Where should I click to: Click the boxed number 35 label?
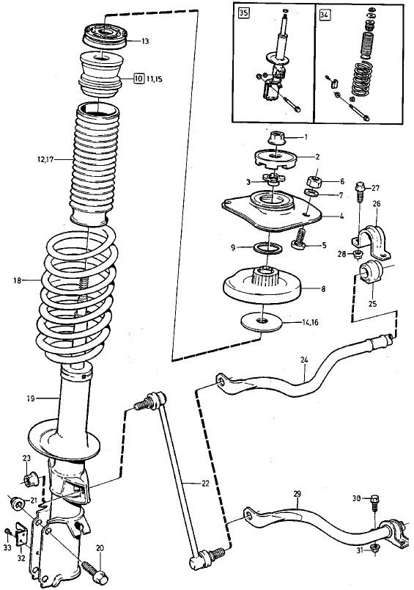tap(243, 13)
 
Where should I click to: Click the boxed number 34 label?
tap(324, 15)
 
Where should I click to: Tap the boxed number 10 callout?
tap(138, 79)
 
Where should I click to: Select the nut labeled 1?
tap(277, 137)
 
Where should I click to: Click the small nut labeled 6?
tap(315, 181)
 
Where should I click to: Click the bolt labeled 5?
tap(300, 240)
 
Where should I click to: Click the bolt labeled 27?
tap(360, 191)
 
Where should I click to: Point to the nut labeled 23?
tap(30, 479)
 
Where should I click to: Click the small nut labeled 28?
tap(358, 254)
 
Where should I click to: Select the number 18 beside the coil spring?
tap(17, 280)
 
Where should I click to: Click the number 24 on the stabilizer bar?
tap(304, 360)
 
